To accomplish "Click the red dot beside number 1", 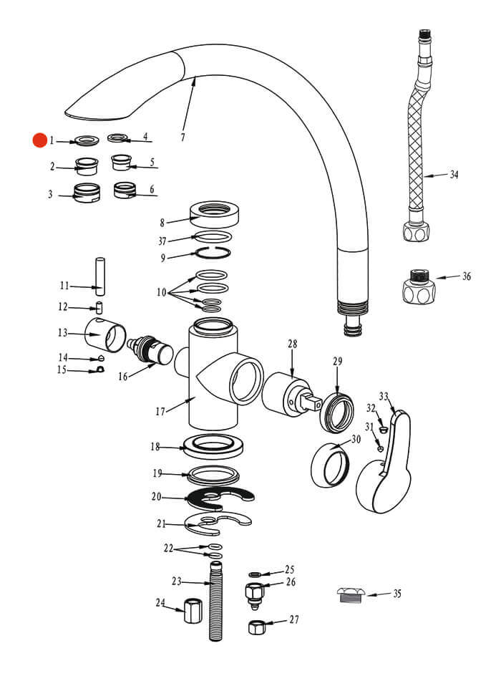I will click(x=39, y=140).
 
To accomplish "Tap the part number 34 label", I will click(x=454, y=174).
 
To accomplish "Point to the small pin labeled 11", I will click(x=100, y=276).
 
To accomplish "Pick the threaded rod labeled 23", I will click(x=215, y=602).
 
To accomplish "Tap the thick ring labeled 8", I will click(x=214, y=212).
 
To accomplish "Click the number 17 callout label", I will click(x=160, y=411).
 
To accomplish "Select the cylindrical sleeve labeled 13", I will click(x=105, y=335).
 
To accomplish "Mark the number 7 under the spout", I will click(x=183, y=137).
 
